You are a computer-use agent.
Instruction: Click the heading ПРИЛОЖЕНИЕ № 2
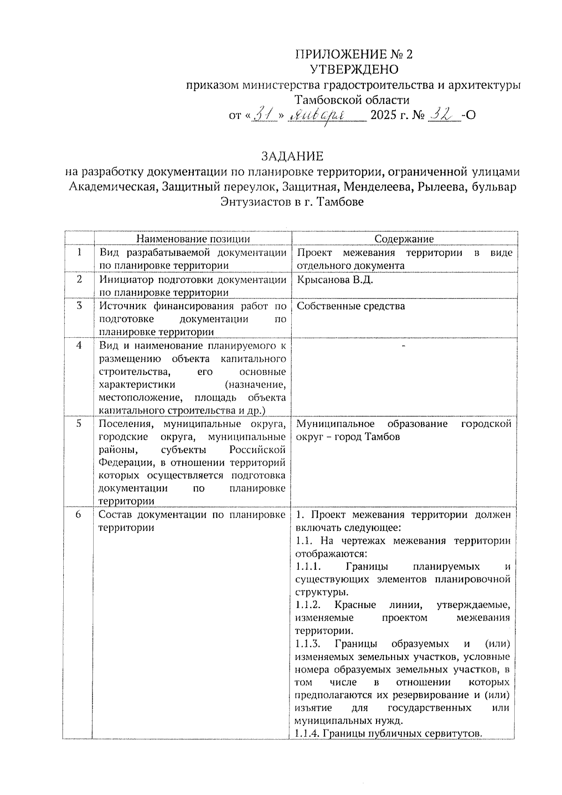coord(354,54)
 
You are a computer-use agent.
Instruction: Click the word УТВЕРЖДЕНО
coord(355,70)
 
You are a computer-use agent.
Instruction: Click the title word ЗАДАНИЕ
coord(292,156)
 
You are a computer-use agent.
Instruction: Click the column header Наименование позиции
coord(193,239)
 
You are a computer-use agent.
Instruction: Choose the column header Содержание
coord(404,239)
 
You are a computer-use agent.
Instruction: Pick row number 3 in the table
coord(79,305)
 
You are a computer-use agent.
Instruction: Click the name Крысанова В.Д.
coord(335,280)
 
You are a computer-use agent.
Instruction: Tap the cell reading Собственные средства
coord(351,306)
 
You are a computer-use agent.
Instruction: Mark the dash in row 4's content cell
coord(403,345)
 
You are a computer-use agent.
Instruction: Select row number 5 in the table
coord(79,423)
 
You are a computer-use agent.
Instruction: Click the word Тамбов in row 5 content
coord(383,437)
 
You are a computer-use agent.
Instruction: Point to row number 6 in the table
coord(78,514)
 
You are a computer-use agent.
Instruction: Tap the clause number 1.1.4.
coord(308,734)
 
